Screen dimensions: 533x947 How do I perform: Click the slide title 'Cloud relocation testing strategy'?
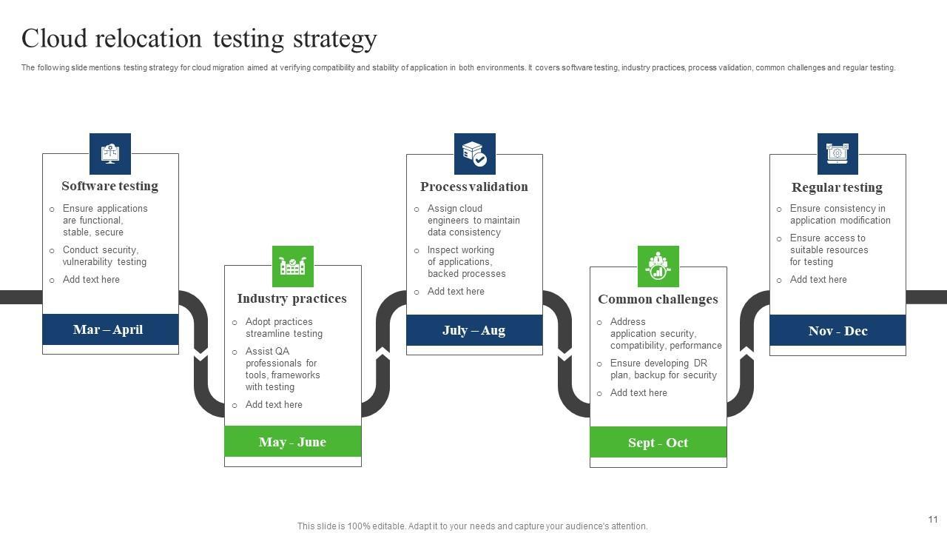coord(199,38)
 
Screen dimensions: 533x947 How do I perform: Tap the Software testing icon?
coord(110,154)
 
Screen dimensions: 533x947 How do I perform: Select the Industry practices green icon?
coord(293,266)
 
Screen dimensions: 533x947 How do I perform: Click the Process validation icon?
coord(474,154)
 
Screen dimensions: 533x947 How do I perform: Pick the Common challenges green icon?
coord(658,266)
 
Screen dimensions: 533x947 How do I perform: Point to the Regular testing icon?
coord(838,154)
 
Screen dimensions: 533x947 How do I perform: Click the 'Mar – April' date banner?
coord(110,329)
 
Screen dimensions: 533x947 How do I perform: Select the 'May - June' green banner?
coord(293,442)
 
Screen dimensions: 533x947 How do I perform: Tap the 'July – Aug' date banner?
coord(474,330)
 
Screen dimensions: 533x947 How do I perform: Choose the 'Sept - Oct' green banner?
coord(658,443)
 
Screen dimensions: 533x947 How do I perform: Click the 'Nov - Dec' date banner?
coord(838,330)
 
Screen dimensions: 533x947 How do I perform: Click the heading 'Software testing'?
coord(109,187)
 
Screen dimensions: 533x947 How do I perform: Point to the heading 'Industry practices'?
coord(292,299)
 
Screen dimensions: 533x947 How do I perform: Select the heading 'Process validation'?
coord(474,187)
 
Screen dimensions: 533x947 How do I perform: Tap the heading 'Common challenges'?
coord(658,300)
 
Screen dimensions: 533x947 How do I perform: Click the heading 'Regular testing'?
coord(837,188)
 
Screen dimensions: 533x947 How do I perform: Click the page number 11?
coord(933,520)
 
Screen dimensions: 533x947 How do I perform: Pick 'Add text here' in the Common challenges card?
coord(638,393)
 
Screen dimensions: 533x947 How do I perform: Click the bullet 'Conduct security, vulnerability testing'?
coord(104,256)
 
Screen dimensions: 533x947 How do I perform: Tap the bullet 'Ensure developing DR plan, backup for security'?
coord(663,369)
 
